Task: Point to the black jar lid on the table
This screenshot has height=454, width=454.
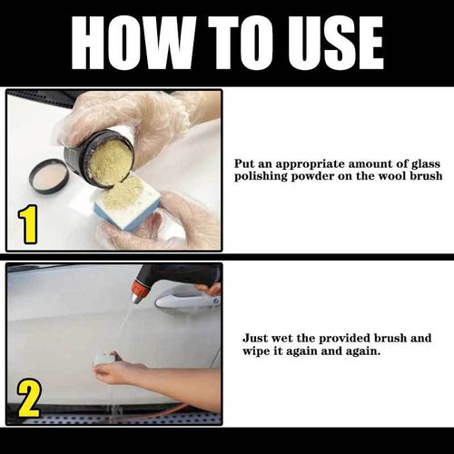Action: click(48, 174)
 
